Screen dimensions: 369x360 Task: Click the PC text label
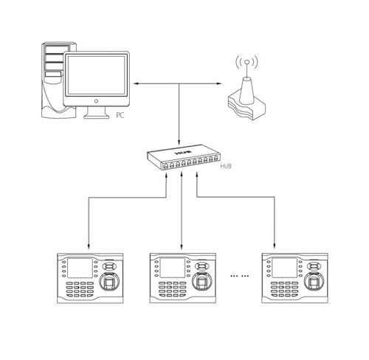click(x=120, y=115)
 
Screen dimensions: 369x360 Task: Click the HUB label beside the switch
click(x=226, y=166)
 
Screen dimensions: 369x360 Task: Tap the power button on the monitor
click(x=97, y=101)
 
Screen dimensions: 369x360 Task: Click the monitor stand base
click(x=97, y=116)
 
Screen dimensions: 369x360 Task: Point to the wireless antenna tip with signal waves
click(x=247, y=63)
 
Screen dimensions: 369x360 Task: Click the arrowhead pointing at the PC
click(x=136, y=84)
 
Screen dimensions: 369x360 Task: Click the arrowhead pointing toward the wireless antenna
click(x=218, y=84)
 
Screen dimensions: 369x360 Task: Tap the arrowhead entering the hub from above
click(x=179, y=142)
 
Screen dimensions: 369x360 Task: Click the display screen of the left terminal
click(x=80, y=268)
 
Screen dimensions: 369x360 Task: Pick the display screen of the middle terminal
click(x=173, y=268)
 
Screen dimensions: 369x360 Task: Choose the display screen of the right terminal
click(x=285, y=268)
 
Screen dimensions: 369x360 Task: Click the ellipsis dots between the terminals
click(x=240, y=276)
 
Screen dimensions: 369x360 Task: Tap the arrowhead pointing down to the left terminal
click(x=89, y=246)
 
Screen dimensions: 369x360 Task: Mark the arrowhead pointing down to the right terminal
click(x=275, y=246)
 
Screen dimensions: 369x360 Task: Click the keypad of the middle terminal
click(x=173, y=289)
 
